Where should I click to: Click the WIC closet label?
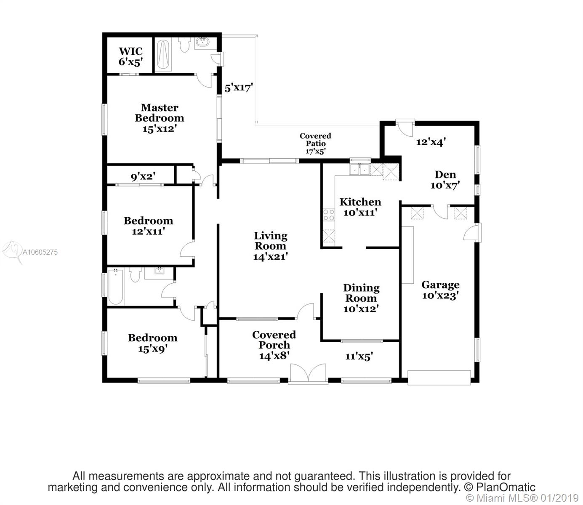[130, 51]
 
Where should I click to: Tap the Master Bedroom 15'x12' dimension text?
[160, 129]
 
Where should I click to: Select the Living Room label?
[271, 241]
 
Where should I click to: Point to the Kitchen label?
[360, 202]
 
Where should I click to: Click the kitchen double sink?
[359, 170]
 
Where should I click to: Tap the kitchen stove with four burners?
[329, 215]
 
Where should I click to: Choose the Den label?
[445, 175]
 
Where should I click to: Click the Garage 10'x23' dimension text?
[440, 295]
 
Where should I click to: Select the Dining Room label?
[361, 293]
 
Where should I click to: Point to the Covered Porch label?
[274, 340]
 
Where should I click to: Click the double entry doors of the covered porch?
[308, 373]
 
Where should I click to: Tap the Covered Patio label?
[315, 140]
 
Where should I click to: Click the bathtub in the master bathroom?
[163, 54]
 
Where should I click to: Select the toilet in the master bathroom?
[185, 45]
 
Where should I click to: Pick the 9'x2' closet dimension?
[143, 176]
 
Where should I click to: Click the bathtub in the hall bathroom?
[115, 287]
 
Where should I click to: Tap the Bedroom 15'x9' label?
[152, 343]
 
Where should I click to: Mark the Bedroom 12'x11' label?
[148, 226]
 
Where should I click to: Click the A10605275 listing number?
[40, 252]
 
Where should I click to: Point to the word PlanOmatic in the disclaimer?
[506, 487]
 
